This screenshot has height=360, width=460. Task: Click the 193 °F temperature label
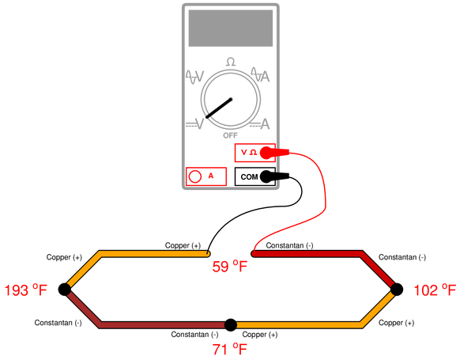[26, 290]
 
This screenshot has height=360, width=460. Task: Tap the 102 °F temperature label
[435, 290]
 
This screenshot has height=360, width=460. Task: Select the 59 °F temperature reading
[230, 267]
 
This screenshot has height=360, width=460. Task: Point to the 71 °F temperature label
[230, 349]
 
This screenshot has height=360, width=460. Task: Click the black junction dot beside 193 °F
[65, 290]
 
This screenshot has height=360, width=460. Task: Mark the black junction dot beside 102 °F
[397, 290]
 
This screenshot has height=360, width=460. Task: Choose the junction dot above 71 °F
[231, 324]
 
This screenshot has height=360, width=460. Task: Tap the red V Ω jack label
[249, 153]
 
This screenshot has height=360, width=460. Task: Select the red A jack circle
[195, 176]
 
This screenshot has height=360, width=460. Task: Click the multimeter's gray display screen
[231, 28]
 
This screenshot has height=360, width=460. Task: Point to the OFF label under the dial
[230, 135]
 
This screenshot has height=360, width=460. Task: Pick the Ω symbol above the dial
[231, 62]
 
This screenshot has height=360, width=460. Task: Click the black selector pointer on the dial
[219, 108]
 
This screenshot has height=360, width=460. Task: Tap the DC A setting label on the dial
[259, 124]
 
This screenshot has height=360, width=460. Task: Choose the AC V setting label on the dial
[194, 77]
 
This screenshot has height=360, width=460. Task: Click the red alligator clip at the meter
[275, 153]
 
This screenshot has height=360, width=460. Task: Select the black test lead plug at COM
[274, 176]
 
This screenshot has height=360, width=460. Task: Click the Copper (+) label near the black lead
[183, 245]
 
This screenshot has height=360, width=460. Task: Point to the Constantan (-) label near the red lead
[289, 245]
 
